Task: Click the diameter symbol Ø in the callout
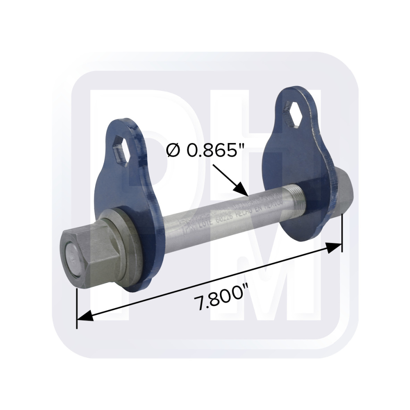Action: pos(173,151)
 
